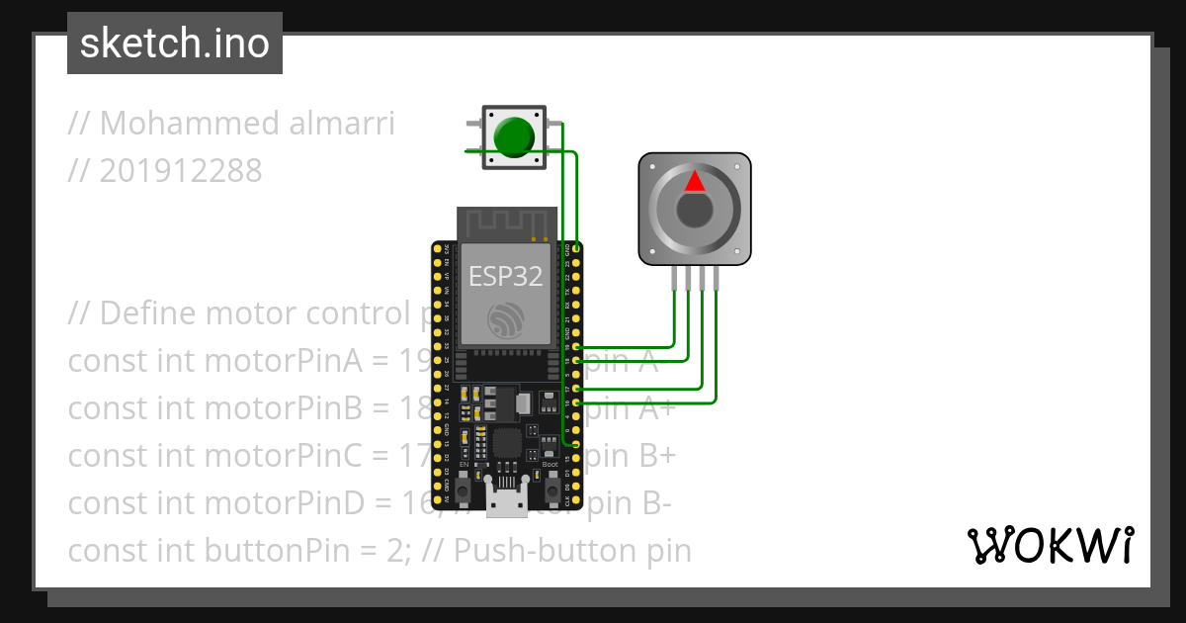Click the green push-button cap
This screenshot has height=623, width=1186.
(x=513, y=137)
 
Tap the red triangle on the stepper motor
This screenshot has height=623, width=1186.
(x=695, y=181)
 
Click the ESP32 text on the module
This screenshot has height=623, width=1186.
(x=505, y=276)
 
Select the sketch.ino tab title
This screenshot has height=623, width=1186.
(x=175, y=44)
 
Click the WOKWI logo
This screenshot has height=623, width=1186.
(x=1050, y=545)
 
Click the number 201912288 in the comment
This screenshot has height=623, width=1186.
(x=181, y=171)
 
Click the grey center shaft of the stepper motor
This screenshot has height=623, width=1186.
(x=695, y=210)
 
